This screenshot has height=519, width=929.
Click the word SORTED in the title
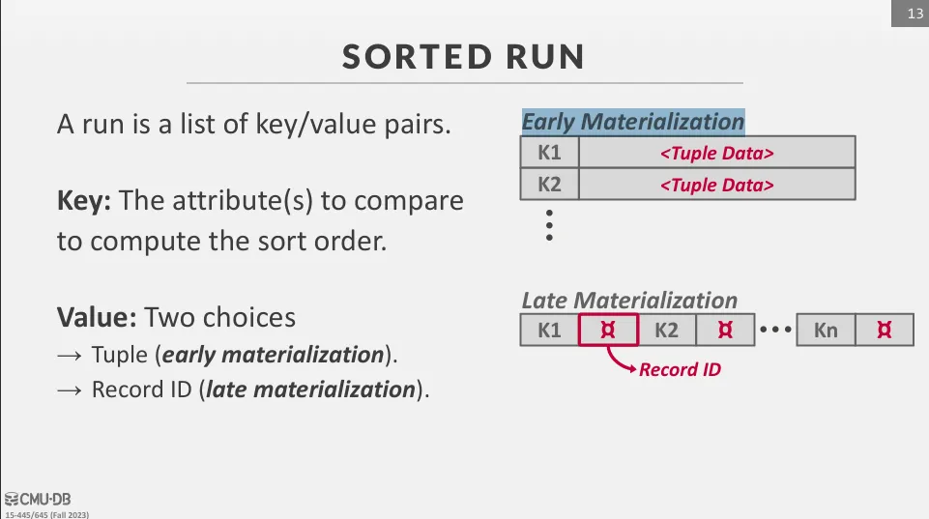click(x=417, y=57)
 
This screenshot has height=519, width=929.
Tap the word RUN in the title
click(x=545, y=57)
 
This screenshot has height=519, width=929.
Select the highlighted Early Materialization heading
click(x=633, y=122)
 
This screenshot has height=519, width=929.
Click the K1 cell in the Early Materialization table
click(x=549, y=153)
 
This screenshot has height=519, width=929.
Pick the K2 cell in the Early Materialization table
click(x=549, y=185)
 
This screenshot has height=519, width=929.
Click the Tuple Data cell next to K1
click(x=717, y=153)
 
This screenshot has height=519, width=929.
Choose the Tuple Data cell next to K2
click(x=717, y=185)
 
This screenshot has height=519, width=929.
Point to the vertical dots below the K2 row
click(x=549, y=225)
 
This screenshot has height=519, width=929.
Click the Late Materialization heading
click(x=629, y=301)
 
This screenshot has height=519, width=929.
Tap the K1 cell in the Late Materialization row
click(x=549, y=330)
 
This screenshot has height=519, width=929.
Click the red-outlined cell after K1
click(x=608, y=330)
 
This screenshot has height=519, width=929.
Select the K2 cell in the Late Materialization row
click(x=666, y=330)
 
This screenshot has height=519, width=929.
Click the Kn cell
click(x=826, y=330)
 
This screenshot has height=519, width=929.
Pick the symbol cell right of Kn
click(x=885, y=330)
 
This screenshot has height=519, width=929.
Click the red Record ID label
click(x=681, y=370)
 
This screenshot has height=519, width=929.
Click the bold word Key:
click(x=84, y=201)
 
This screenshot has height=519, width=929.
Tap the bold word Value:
click(x=98, y=318)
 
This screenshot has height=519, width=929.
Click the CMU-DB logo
click(x=38, y=499)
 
